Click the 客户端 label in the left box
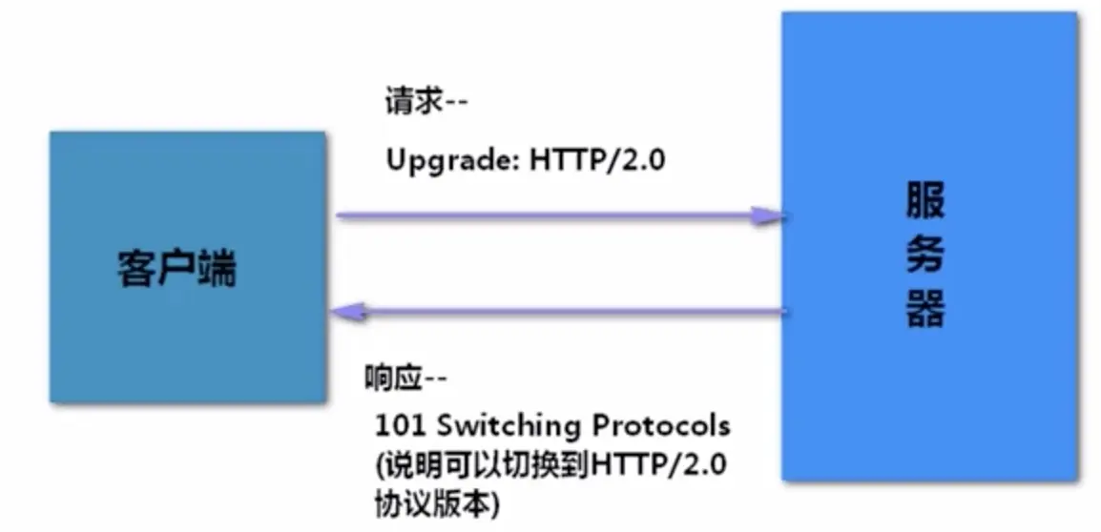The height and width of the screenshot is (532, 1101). [x=177, y=270]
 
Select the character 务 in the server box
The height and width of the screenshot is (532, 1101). [x=925, y=256]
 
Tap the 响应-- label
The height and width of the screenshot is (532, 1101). [x=405, y=378]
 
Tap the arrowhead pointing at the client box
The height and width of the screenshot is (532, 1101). [x=345, y=311]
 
